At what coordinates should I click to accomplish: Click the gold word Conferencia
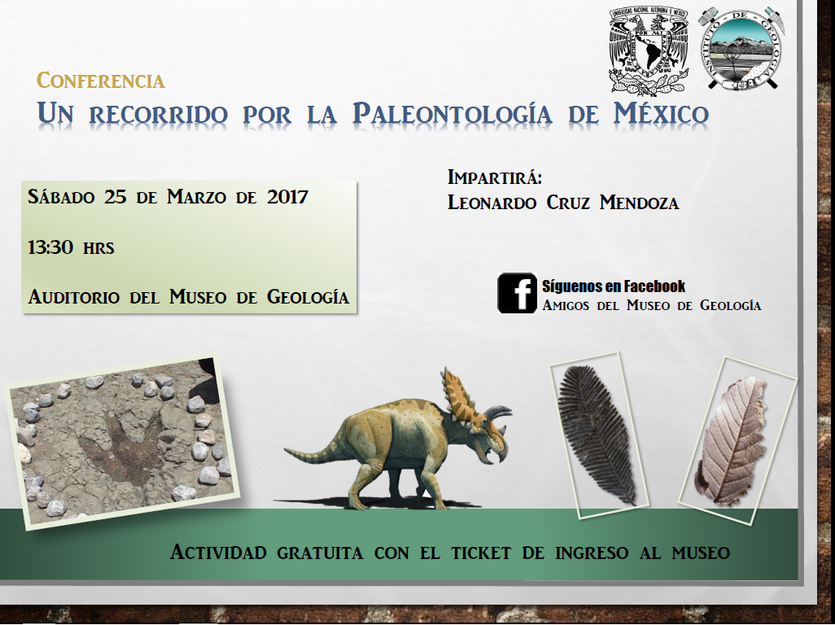click(x=101, y=81)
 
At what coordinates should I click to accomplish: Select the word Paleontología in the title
click(x=452, y=114)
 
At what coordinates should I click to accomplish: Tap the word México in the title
click(x=661, y=113)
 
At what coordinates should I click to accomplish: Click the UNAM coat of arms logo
click(x=649, y=50)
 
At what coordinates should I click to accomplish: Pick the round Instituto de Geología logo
click(x=741, y=49)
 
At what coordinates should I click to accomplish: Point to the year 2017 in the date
click(x=287, y=197)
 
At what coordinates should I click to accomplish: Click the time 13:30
click(x=50, y=247)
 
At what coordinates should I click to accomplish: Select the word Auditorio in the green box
click(x=73, y=296)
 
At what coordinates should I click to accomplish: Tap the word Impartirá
click(x=495, y=177)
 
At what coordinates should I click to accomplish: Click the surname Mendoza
click(x=639, y=203)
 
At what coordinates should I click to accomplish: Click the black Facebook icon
click(x=517, y=293)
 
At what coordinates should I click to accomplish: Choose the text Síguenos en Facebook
click(x=614, y=286)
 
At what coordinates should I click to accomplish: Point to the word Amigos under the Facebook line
click(x=566, y=305)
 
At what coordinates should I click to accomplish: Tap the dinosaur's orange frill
click(x=457, y=396)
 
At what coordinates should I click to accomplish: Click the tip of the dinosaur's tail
click(x=286, y=450)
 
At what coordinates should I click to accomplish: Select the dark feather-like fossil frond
click(x=597, y=434)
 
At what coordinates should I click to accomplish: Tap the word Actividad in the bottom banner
click(x=218, y=552)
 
